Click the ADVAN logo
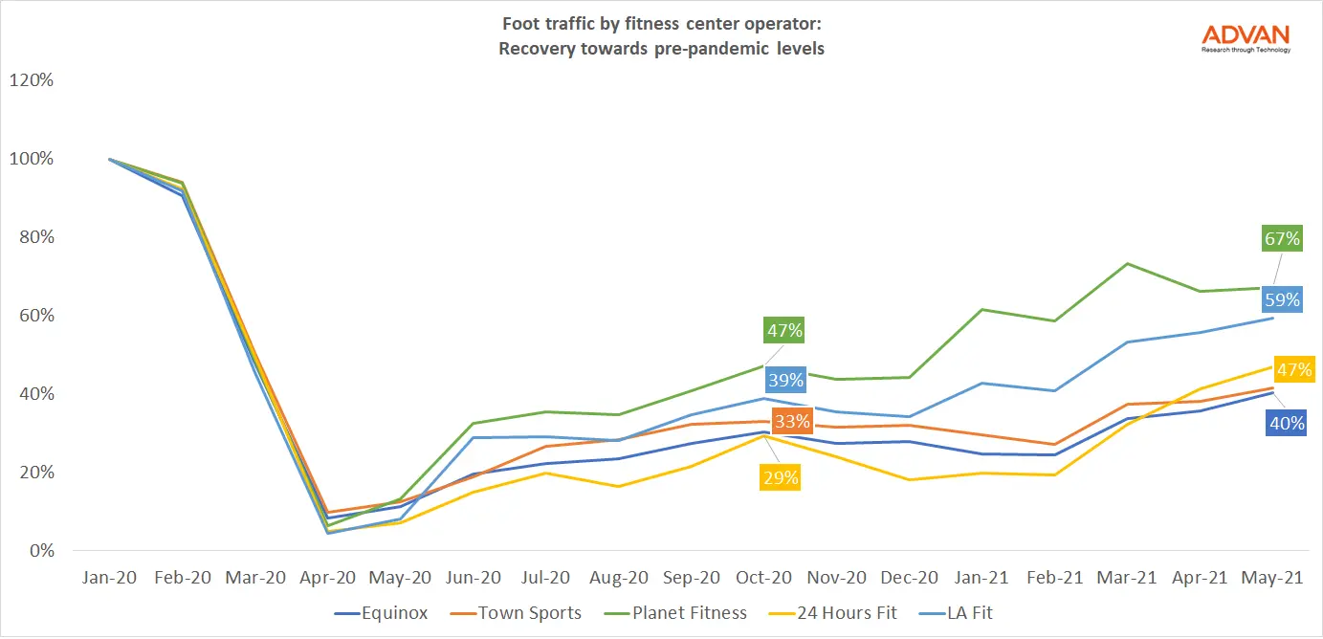[1246, 37]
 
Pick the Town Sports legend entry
[529, 612]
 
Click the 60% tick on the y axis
[34, 316]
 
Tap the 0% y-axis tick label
[39, 551]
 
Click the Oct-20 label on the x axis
[762, 579]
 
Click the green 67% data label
[1282, 238]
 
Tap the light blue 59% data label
[1282, 299]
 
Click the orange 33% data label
[793, 421]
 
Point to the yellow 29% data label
[780, 477]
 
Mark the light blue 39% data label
[784, 380]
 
